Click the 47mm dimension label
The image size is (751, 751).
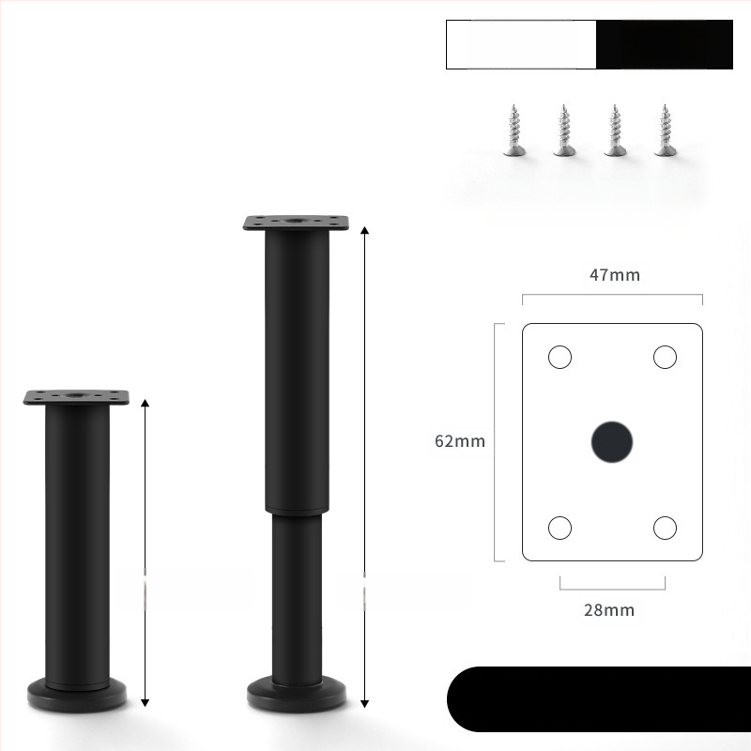pos(614,275)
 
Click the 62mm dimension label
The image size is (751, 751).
pos(460,440)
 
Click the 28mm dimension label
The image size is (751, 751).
pos(609,610)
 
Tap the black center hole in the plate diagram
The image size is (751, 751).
pos(612,441)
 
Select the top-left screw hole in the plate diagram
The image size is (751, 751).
pos(559,357)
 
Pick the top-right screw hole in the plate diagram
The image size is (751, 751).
pos(665,357)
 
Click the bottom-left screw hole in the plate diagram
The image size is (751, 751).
pos(559,528)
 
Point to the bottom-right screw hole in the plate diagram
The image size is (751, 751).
pos(665,528)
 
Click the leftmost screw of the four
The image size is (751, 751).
pos(513,131)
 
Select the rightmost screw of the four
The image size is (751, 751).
pos(667,131)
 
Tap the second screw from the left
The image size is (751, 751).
pos(564,131)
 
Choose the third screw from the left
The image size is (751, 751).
pos(616,131)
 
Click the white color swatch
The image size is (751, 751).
pos(521,44)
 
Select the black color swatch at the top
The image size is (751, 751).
pos(665,44)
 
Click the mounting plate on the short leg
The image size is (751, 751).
pos(76,398)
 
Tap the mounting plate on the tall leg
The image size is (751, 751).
pos(296,223)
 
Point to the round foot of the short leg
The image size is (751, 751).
pos(76,695)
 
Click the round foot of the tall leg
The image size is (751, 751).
pos(296,696)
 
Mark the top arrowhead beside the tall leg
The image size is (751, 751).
pos(364,230)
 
